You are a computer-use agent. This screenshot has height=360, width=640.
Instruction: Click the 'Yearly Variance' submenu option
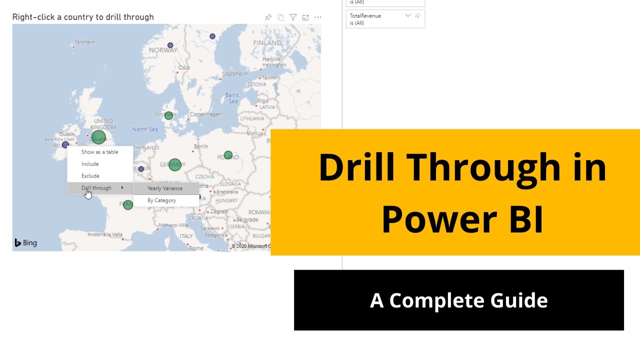pyautogui.click(x=165, y=188)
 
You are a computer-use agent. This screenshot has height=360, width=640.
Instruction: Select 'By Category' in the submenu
pyautogui.click(x=161, y=200)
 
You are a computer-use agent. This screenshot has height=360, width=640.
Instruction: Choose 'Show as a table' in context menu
pyautogui.click(x=100, y=152)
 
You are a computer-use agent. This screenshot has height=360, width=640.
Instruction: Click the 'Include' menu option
pyautogui.click(x=90, y=164)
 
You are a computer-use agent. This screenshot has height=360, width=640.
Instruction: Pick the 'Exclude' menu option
pyautogui.click(x=90, y=176)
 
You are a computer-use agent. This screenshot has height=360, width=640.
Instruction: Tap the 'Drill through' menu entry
pyautogui.click(x=96, y=188)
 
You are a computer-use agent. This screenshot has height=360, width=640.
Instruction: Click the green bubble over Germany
pyautogui.click(x=174, y=164)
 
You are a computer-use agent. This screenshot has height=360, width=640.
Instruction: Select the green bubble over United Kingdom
pyautogui.click(x=98, y=137)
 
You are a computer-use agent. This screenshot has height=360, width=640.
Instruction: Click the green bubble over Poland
pyautogui.click(x=228, y=155)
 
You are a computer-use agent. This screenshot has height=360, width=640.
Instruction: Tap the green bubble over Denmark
pyautogui.click(x=168, y=115)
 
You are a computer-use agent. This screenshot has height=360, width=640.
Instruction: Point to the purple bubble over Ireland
pyautogui.click(x=65, y=144)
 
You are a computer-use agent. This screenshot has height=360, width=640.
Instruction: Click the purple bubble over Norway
pyautogui.click(x=170, y=45)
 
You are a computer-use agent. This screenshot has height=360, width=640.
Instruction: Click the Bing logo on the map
pyautogui.click(x=25, y=243)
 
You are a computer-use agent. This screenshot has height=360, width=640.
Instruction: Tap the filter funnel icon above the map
pyautogui.click(x=293, y=17)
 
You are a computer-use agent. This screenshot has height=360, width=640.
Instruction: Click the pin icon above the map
pyautogui.click(x=268, y=17)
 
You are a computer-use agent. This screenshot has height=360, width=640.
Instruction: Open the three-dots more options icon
pyautogui.click(x=317, y=17)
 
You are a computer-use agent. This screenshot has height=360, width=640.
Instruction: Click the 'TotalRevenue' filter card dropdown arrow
pyautogui.click(x=407, y=15)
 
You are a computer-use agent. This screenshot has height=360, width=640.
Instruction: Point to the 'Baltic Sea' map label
pyautogui.click(x=232, y=98)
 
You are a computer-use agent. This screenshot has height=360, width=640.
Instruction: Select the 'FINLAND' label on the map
pyautogui.click(x=267, y=43)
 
